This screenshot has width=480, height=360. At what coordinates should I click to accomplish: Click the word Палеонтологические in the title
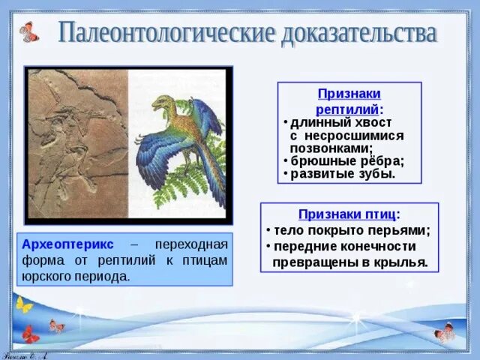(x=165, y=33)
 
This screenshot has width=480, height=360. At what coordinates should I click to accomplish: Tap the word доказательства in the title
(x=358, y=33)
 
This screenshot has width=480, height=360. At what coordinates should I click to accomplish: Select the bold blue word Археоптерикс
(x=67, y=244)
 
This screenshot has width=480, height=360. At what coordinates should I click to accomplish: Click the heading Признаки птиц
(x=349, y=214)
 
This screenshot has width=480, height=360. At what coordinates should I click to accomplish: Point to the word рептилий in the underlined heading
(x=347, y=109)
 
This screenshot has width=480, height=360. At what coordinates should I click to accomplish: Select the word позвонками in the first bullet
(x=331, y=148)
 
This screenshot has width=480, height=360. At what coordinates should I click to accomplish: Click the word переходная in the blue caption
(x=191, y=245)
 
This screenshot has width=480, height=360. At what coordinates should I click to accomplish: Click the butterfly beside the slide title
(x=29, y=31)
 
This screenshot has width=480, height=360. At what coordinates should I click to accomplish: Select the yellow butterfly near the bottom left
(x=24, y=304)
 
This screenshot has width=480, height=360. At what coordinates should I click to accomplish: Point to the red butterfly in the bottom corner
(x=30, y=334)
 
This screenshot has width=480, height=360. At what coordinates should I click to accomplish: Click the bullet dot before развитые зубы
(x=285, y=174)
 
